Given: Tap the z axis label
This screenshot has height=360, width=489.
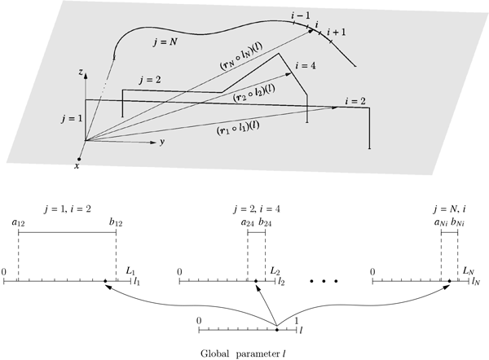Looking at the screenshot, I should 79,73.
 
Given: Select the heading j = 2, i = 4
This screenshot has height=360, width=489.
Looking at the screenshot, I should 256,205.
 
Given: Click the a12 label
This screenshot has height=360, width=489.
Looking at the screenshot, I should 18,222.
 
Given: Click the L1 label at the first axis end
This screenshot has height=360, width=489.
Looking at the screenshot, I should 132,270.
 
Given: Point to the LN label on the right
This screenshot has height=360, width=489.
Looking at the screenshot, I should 469,270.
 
